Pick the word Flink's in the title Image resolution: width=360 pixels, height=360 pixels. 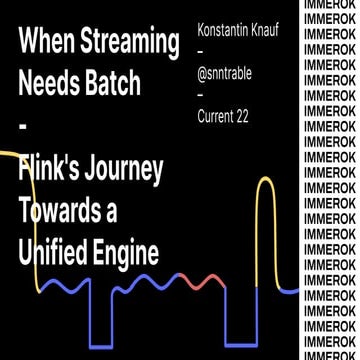[50, 171]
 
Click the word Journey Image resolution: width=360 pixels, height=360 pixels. [124, 171]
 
